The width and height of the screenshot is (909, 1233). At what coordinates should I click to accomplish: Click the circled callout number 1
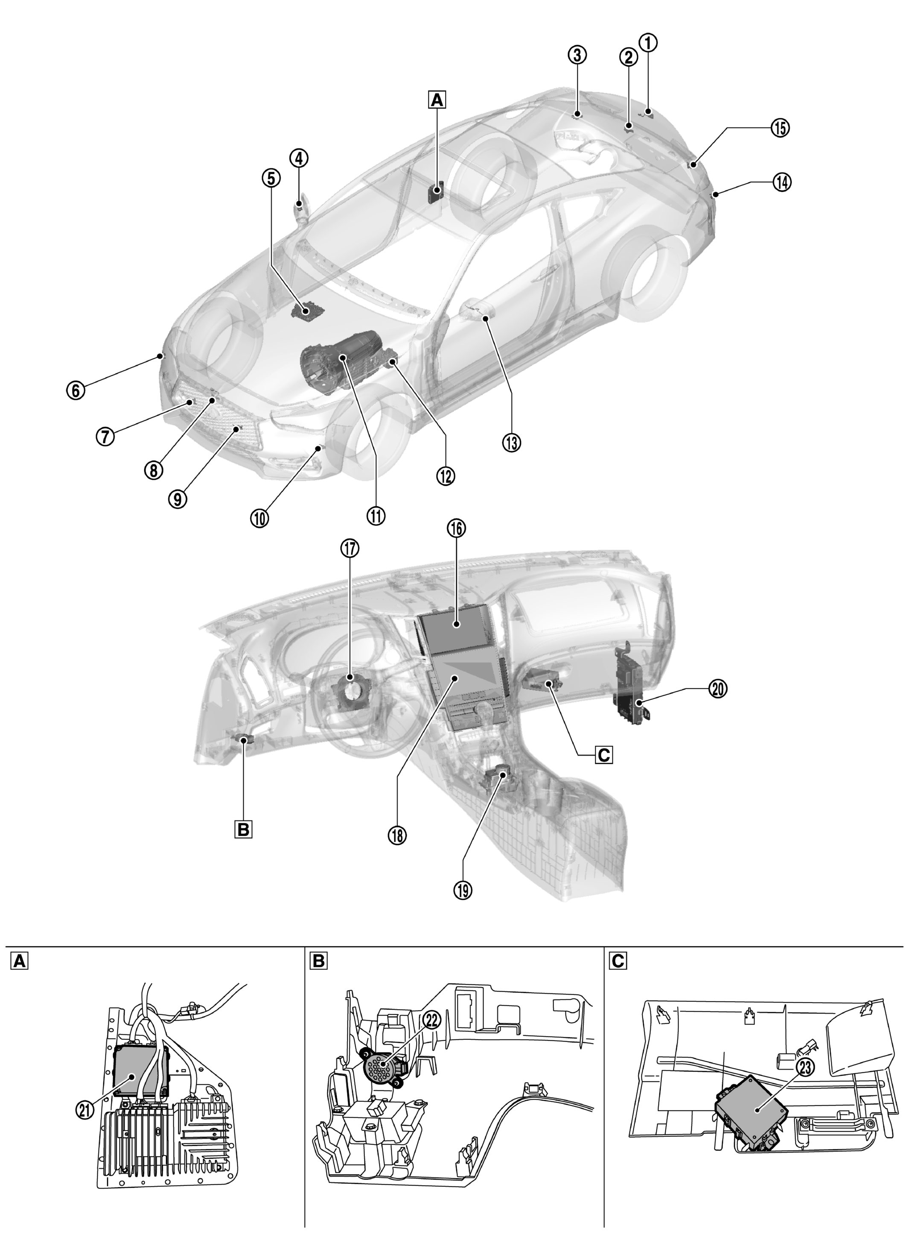(x=648, y=42)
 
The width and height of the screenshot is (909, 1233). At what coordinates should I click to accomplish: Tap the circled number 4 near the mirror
(x=299, y=158)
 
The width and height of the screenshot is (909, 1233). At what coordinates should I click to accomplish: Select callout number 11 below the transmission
(x=376, y=516)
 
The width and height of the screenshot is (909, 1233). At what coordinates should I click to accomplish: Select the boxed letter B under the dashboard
(x=243, y=829)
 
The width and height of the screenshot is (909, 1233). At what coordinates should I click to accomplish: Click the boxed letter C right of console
(x=603, y=754)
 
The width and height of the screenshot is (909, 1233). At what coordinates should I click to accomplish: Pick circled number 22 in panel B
(x=432, y=1019)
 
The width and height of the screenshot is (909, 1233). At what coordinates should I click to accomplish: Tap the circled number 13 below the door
(x=512, y=442)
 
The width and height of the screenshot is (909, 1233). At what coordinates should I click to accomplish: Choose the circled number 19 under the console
(x=463, y=890)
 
